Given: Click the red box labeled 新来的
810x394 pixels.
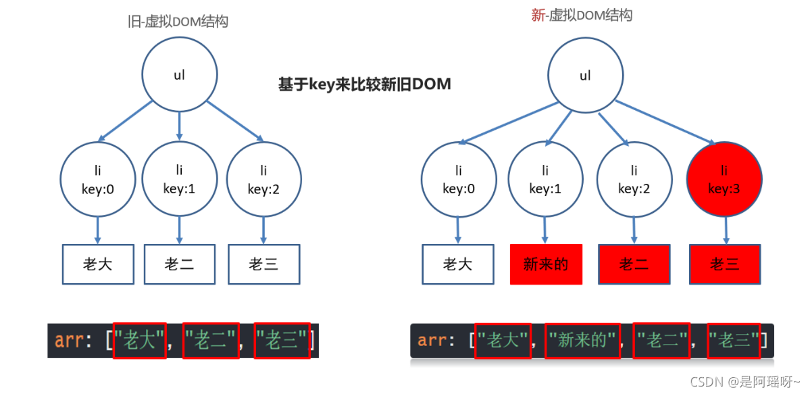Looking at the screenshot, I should [x=546, y=264].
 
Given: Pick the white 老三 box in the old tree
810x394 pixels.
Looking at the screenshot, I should [x=263, y=264].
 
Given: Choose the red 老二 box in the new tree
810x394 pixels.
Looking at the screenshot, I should [x=634, y=264].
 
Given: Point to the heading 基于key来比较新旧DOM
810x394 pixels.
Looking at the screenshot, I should [x=364, y=84].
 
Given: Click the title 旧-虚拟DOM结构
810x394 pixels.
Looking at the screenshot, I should [x=178, y=22].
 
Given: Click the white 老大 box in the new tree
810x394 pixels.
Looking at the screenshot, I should [x=457, y=264].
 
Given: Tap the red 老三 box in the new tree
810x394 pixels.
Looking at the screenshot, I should [x=725, y=264].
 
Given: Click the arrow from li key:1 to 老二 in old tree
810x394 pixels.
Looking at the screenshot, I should [x=179, y=230].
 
